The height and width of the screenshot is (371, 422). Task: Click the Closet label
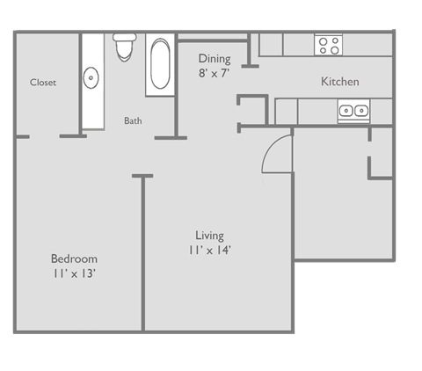43,83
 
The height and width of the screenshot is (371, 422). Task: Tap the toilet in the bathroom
124,50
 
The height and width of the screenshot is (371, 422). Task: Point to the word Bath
133,121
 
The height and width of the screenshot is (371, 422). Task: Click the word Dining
215,59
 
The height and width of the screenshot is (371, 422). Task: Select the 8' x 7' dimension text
215,74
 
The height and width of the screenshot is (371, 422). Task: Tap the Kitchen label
339,82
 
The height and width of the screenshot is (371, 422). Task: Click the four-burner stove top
329,44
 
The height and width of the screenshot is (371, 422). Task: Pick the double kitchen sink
353,111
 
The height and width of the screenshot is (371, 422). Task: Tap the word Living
209,236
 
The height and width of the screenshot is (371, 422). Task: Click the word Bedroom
74,259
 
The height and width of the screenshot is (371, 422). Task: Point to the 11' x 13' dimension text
74,274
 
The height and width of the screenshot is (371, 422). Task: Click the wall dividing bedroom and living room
142,255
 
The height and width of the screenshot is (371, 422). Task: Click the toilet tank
124,39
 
